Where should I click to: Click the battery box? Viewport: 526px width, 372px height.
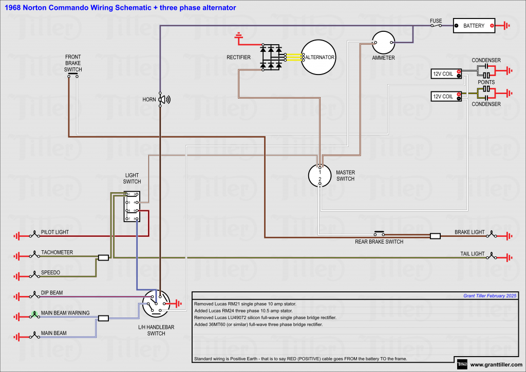tap(474, 26)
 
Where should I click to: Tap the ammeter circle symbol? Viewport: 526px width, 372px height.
tap(383, 43)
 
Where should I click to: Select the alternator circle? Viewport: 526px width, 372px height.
tap(318, 58)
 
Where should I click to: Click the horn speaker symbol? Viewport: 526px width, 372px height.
tap(164, 100)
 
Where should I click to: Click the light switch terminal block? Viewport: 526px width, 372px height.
tap(131, 207)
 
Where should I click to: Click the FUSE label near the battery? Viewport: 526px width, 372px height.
tap(436, 21)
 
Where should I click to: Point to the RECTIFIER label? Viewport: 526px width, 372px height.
tap(238, 58)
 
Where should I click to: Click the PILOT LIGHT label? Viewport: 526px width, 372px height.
tap(55, 232)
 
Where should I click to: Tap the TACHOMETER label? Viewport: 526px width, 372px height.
tap(57, 252)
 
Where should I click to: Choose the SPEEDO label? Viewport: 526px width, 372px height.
tap(51, 272)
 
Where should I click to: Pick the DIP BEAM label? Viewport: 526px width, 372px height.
tap(52, 293)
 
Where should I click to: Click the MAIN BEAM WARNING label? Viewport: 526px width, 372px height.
tap(65, 313)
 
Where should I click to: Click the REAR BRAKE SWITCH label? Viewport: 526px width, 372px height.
tap(379, 241)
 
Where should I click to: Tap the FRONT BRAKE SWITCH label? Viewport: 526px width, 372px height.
tap(73, 63)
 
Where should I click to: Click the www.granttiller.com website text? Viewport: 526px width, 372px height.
tap(495, 365)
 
